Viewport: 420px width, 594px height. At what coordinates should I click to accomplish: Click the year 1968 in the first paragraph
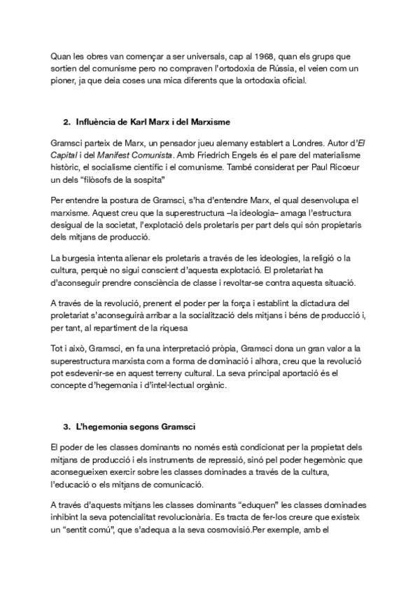[x=231, y=57]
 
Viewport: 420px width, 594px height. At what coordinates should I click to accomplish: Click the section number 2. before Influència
[x=67, y=123]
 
